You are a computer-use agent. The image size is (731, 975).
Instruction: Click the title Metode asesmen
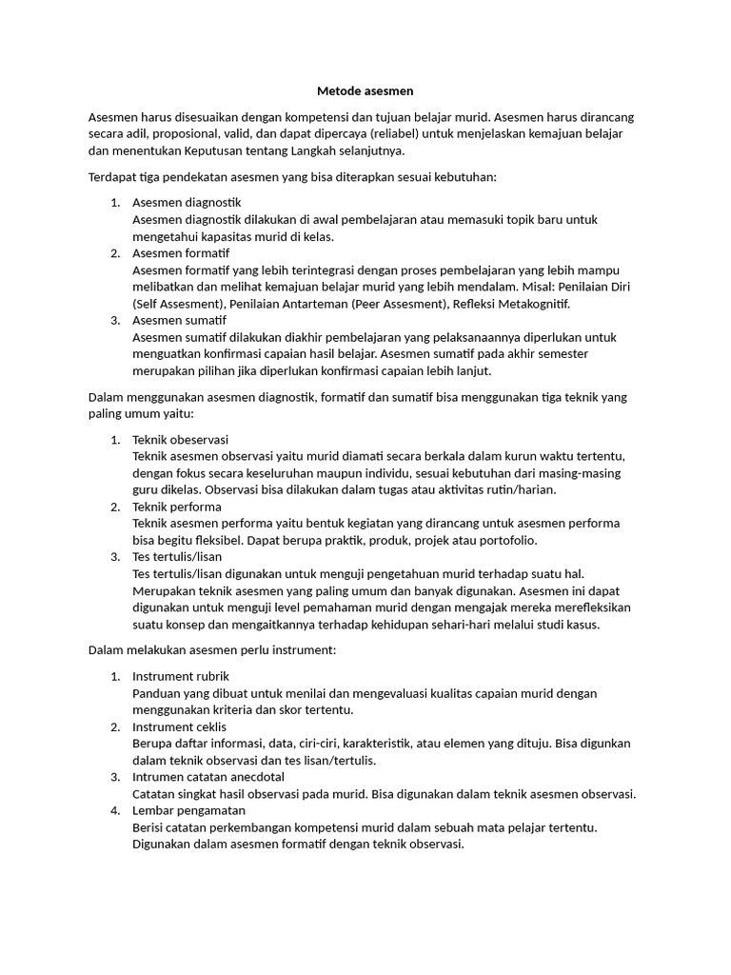[365, 91]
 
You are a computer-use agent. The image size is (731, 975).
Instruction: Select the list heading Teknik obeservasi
[180, 440]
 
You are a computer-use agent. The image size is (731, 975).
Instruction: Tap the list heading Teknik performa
[177, 507]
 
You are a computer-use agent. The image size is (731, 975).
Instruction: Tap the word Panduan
[157, 693]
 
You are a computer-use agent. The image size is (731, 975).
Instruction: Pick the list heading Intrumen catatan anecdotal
[209, 777]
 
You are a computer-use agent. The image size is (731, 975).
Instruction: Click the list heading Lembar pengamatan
[188, 810]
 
